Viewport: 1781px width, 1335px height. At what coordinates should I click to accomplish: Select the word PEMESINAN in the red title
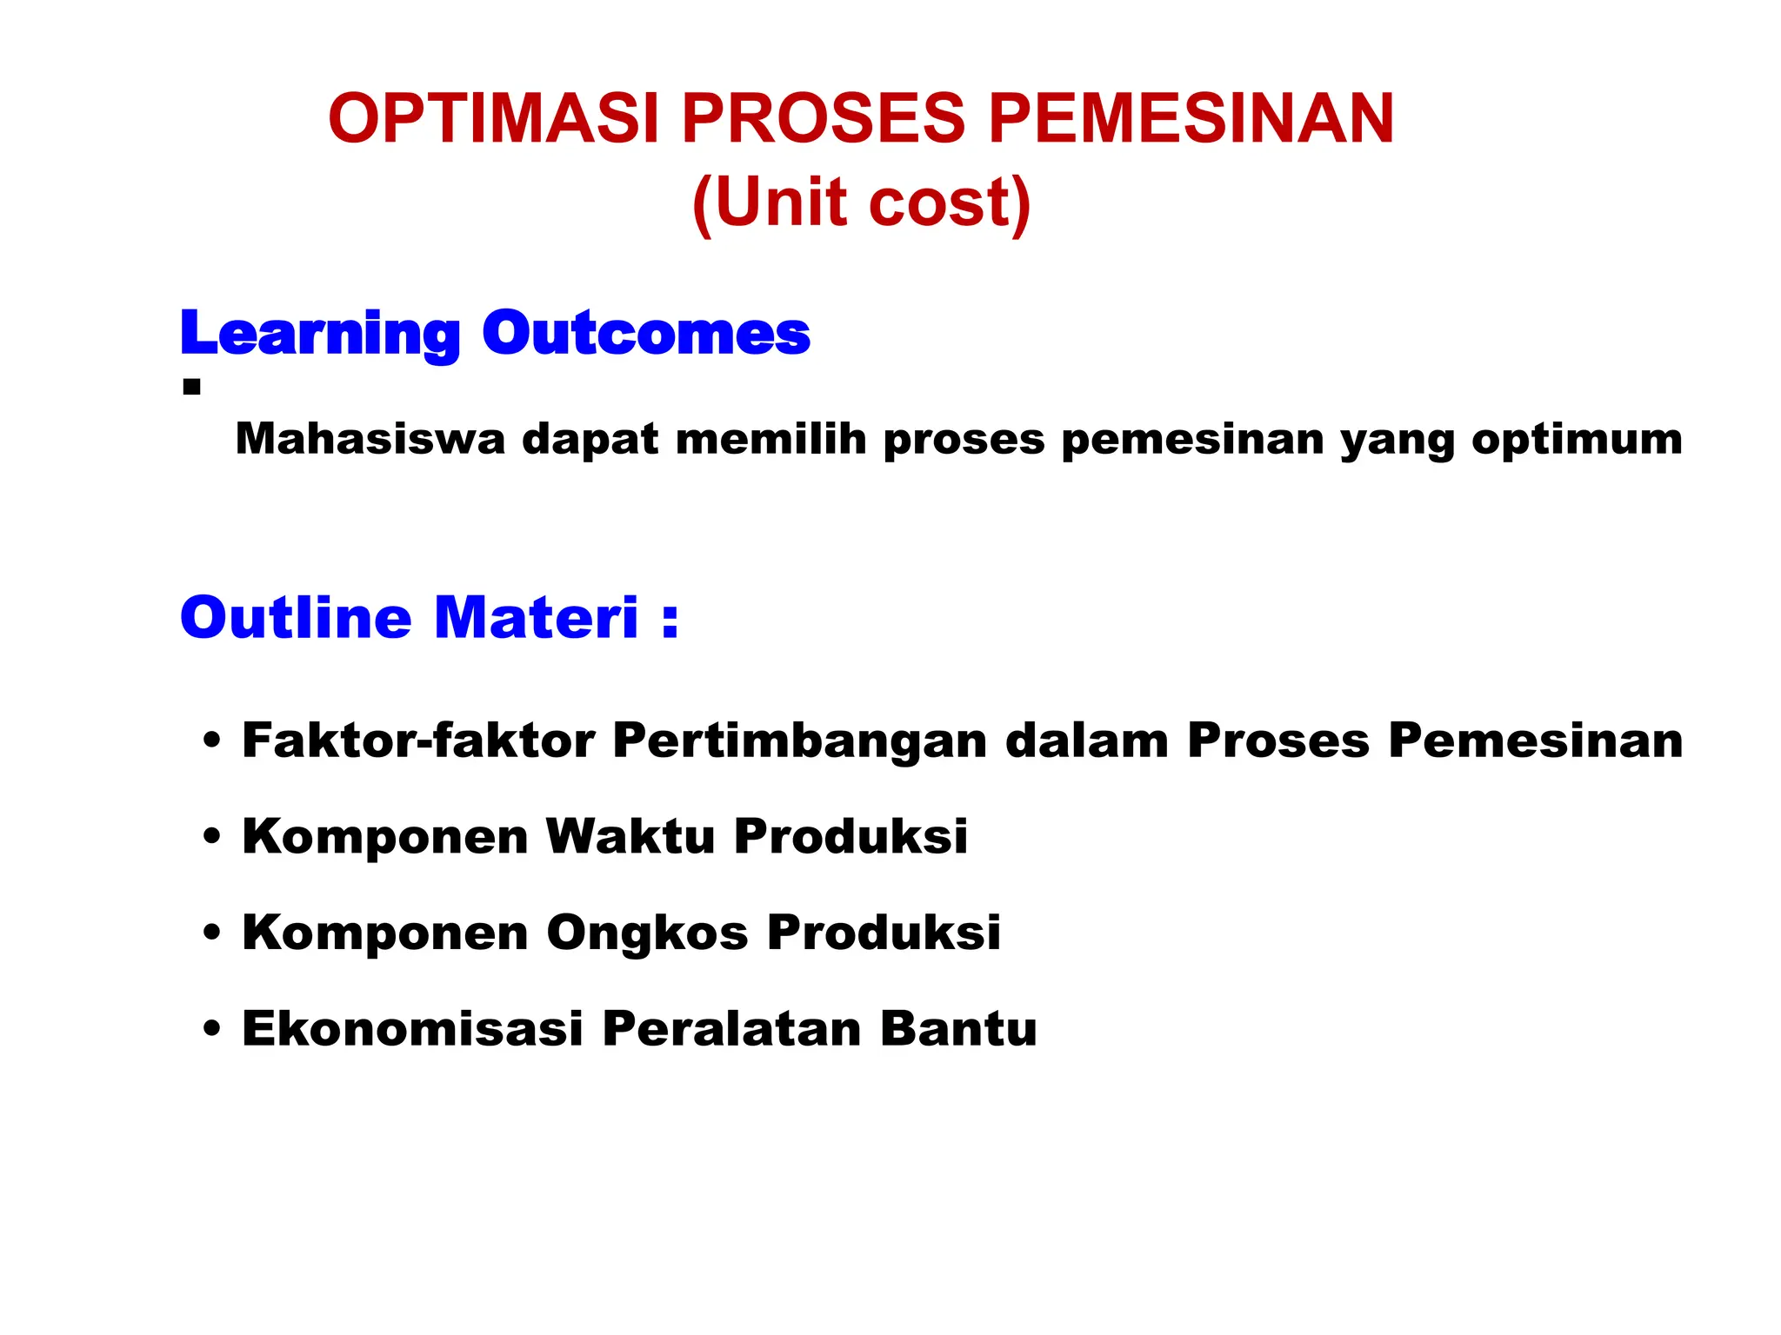pos(1191,119)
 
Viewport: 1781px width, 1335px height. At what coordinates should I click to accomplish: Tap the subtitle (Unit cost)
pos(861,203)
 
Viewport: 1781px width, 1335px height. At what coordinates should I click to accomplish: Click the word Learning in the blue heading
pos(319,334)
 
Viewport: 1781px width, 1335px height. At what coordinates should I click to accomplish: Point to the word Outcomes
pos(645,334)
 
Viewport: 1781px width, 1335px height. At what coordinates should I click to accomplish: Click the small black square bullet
pos(192,387)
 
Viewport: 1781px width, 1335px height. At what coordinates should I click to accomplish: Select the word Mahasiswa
pos(370,439)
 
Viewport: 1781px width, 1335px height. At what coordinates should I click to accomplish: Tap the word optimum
pos(1577,439)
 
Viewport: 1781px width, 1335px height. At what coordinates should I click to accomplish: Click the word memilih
pos(770,439)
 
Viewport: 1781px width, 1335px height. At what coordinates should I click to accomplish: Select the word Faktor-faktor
pos(418,741)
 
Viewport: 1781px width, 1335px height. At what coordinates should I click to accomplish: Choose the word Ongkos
pos(646,933)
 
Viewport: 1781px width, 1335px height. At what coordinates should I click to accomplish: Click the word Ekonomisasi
pos(412,1028)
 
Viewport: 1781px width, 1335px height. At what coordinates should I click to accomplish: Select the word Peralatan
pos(730,1028)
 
